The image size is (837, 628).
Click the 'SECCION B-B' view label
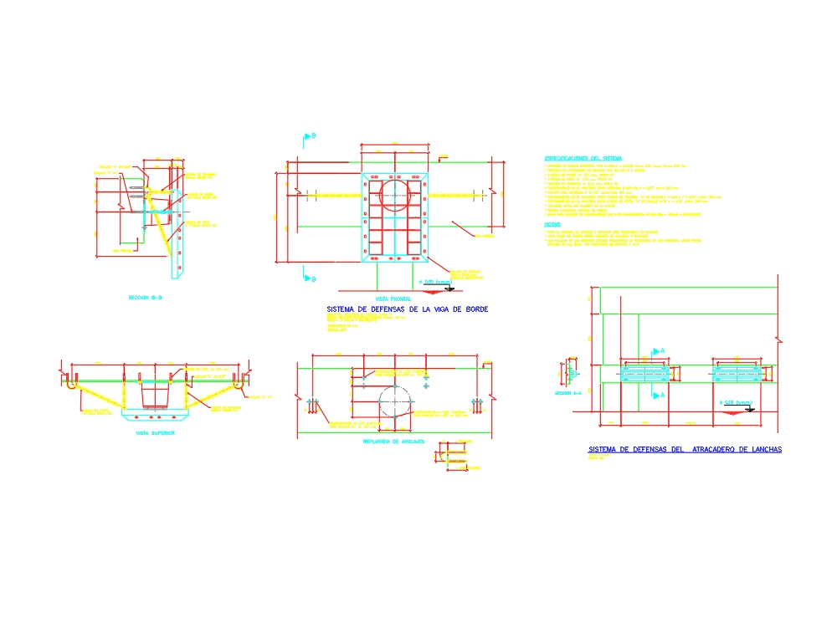coord(145,298)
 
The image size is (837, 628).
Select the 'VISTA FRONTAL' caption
coord(393,299)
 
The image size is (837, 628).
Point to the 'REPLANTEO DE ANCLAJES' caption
coord(393,441)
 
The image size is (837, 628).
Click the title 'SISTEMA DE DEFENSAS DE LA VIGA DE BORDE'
coord(406,309)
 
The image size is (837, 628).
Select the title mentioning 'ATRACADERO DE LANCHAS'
coord(685,450)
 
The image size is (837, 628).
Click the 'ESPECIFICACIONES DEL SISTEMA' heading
coord(583,158)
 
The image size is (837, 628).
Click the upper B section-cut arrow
coord(307,136)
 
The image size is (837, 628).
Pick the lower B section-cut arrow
coord(307,278)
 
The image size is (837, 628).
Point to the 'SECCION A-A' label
coord(568,391)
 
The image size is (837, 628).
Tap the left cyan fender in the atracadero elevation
coord(645,372)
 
